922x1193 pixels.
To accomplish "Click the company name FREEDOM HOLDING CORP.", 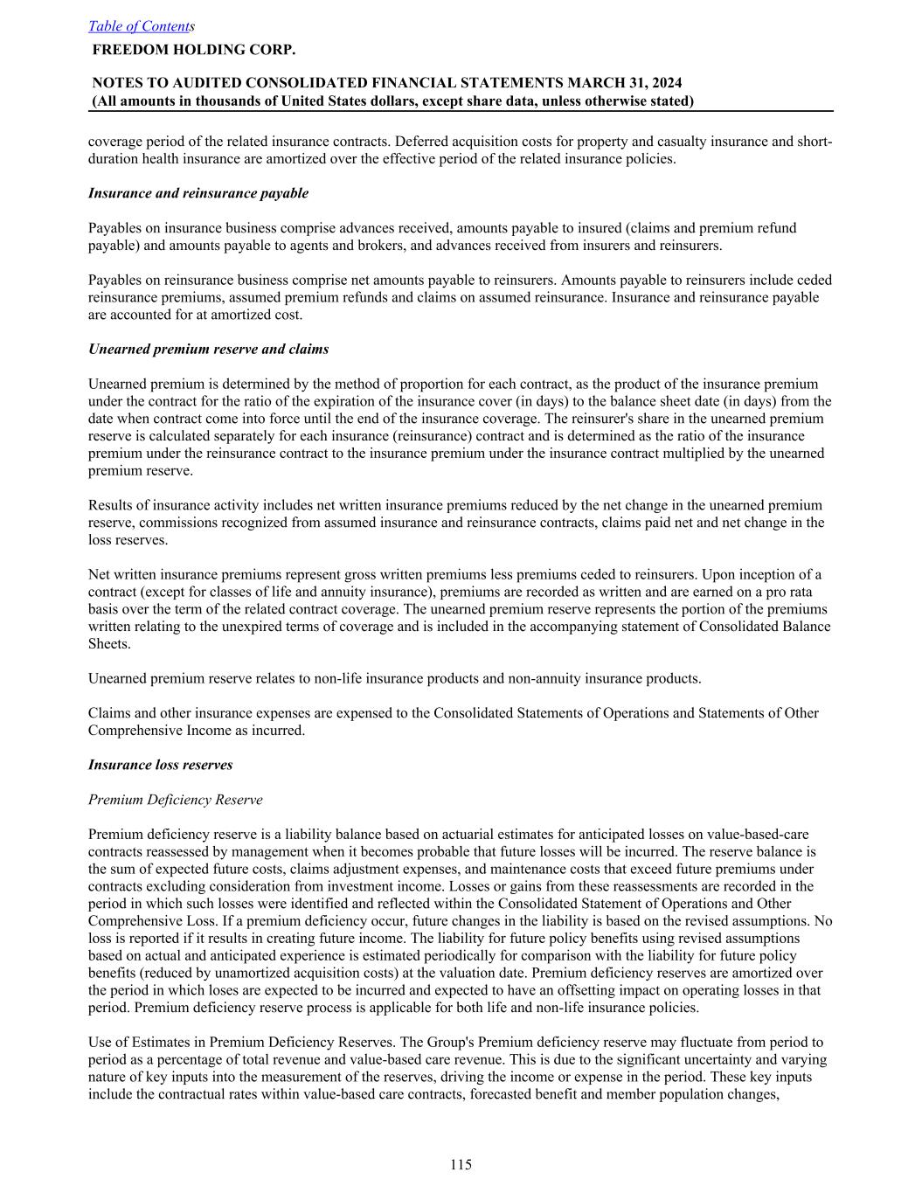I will (x=193, y=49).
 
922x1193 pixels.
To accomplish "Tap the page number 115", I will (x=461, y=1164).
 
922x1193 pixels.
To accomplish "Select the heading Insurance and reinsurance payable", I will (x=198, y=193).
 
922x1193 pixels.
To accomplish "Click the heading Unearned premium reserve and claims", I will (x=209, y=350).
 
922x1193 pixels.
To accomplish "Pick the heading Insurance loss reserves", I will (x=161, y=765).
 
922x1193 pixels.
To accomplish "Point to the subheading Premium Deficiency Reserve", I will (x=175, y=800).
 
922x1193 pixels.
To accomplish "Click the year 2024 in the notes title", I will (x=665, y=83).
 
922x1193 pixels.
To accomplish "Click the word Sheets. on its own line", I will (x=107, y=644).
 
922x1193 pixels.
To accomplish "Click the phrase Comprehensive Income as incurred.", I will (x=197, y=731).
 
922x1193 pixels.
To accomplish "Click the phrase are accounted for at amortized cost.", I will (x=196, y=315).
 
